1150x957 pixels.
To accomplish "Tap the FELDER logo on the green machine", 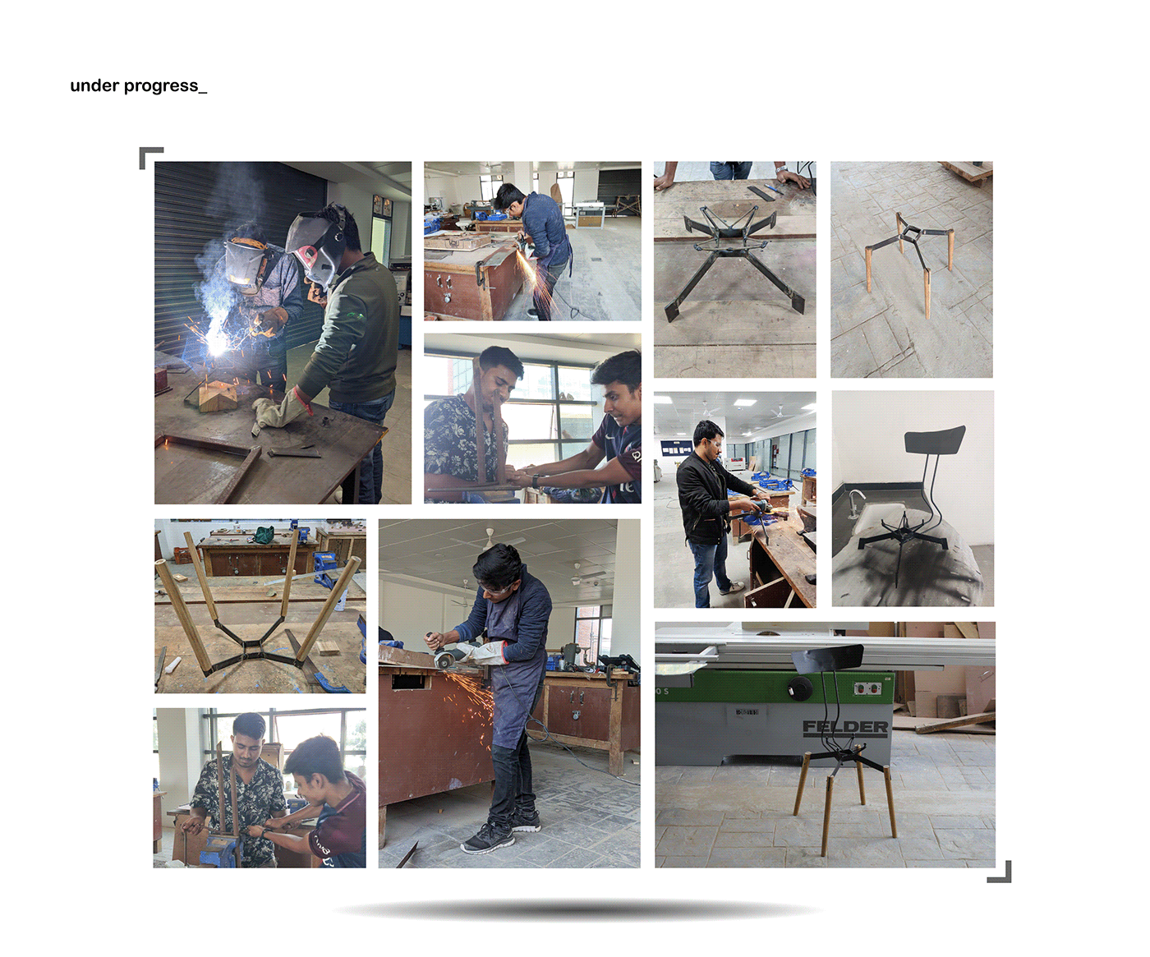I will tap(845, 727).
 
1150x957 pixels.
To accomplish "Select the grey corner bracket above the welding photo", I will tap(149, 156).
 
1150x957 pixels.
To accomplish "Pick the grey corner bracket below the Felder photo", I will tap(1000, 872).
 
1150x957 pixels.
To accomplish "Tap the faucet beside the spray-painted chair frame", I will tap(856, 499).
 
